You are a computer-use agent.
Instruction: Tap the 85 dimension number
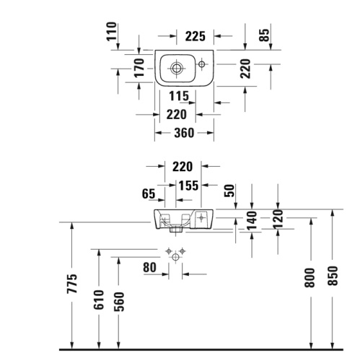pyautogui.click(x=263, y=34)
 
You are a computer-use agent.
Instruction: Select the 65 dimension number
pyautogui.click(x=150, y=193)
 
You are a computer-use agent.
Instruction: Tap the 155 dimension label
pyautogui.click(x=188, y=186)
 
